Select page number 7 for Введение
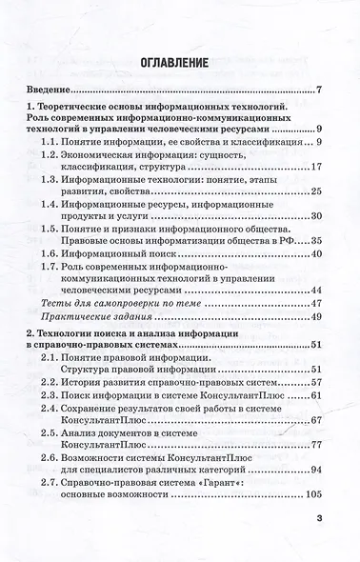click(x=320, y=91)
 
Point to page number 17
click(x=318, y=166)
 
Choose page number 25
click(x=318, y=191)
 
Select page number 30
click(x=318, y=216)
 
